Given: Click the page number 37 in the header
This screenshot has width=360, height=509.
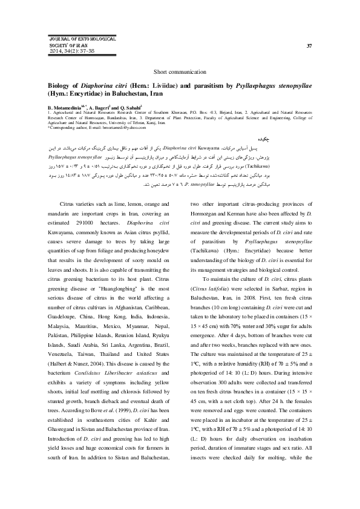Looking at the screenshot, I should click(x=309, y=46).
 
